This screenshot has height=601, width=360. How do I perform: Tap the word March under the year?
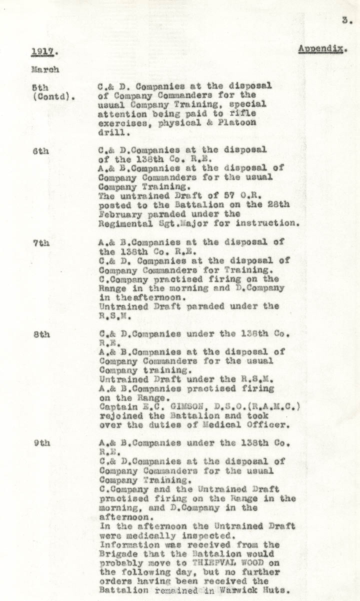[x=45, y=69]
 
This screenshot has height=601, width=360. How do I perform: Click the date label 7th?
[x=40, y=242]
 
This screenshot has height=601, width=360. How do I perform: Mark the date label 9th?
[x=41, y=443]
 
